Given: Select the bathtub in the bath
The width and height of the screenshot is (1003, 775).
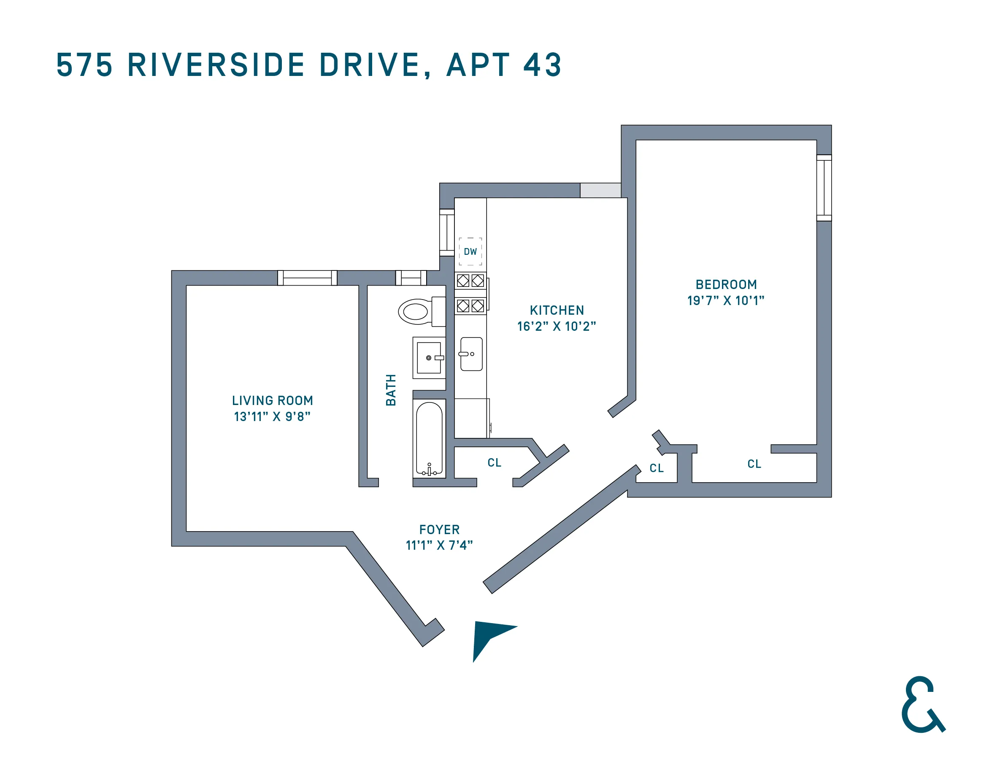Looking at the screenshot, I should pos(429,438).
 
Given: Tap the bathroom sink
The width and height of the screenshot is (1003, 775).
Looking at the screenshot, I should pos(429,358).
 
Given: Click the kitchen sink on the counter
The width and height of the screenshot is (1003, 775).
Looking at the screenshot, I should pos(471,354).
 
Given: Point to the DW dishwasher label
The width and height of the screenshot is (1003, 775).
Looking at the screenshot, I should pos(470,251).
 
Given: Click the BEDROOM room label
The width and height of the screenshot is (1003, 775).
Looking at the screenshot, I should pos(726,285).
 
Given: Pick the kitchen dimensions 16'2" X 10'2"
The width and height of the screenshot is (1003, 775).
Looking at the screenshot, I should pos(557,327).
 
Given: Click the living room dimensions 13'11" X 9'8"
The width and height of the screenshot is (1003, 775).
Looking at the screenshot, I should pos(272,416).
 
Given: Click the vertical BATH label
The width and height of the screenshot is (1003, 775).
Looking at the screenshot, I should pos(391,390).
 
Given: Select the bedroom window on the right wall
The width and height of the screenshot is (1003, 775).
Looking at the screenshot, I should pos(824,188).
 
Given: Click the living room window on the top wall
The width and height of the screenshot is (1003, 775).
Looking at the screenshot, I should pos(307,278).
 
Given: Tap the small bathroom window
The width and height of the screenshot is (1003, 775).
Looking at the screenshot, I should pos(411,278).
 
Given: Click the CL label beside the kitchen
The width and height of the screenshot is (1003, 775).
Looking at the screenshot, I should pos(495,462).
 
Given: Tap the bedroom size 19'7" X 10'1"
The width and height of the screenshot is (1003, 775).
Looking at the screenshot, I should pos(726,301).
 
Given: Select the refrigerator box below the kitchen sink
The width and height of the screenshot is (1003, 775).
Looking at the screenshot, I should pos(471,418).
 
